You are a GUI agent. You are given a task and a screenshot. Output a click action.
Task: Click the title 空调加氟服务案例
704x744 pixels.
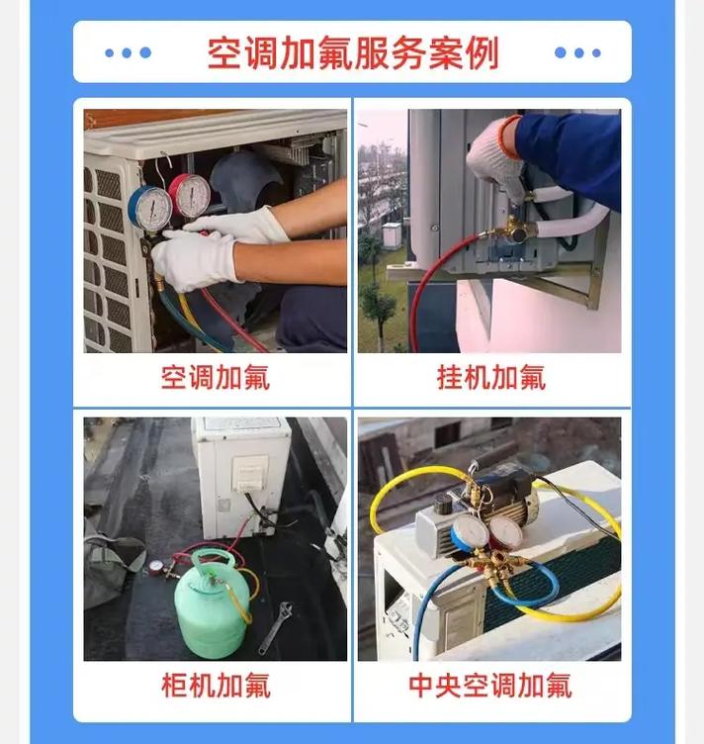pyautogui.click(x=352, y=52)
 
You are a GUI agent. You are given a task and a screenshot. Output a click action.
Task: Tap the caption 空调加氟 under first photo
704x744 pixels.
pyautogui.click(x=215, y=377)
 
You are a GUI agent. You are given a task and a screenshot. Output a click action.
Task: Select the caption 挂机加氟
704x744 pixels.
pyautogui.click(x=490, y=377)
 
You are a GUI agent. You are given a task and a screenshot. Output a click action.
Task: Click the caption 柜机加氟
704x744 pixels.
pyautogui.click(x=215, y=685)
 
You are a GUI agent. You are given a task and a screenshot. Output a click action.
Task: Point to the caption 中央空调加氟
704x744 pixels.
pyautogui.click(x=490, y=685)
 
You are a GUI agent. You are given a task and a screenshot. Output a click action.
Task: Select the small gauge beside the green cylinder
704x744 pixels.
pyautogui.click(x=156, y=568)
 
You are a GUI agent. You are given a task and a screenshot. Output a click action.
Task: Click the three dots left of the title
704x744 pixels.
pyautogui.click(x=128, y=52)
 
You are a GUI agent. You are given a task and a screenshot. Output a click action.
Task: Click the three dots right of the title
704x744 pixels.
pyautogui.click(x=577, y=52)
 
